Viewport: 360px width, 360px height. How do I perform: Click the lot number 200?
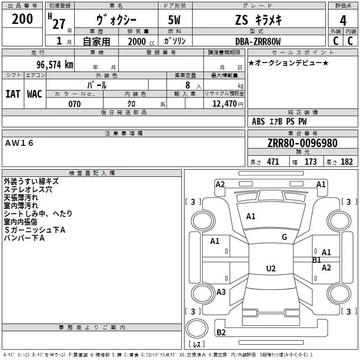[22, 20]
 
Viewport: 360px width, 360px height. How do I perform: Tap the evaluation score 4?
[343, 21]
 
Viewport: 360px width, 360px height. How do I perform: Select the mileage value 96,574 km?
[54, 64]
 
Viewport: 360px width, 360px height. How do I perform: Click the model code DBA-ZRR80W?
[258, 41]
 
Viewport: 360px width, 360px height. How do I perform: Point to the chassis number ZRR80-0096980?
[302, 144]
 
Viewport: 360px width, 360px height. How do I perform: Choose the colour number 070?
[74, 104]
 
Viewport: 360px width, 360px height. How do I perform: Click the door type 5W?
[175, 21]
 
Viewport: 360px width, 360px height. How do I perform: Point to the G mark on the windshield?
[284, 237]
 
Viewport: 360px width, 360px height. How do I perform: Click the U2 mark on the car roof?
[270, 269]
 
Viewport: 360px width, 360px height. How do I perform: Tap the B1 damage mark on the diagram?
[316, 260]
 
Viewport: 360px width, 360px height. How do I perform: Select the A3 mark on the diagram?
[221, 292]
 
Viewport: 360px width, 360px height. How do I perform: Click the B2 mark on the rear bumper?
[221, 332]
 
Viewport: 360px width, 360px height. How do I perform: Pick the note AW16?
[20, 143]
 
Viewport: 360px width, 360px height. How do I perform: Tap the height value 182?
[346, 162]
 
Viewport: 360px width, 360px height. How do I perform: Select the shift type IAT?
[13, 94]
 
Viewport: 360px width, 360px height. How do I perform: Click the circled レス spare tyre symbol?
[197, 345]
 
